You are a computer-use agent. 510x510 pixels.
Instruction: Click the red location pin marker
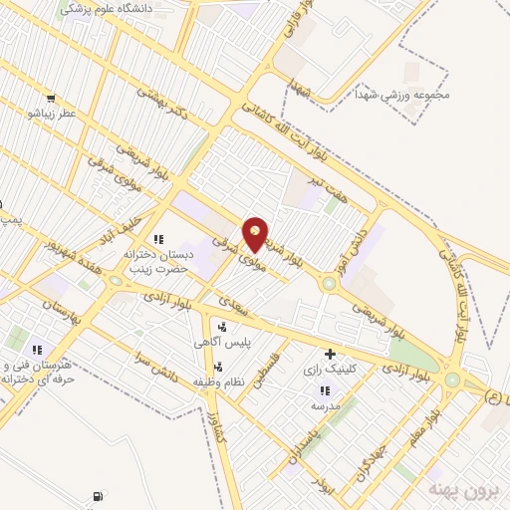[x=256, y=234]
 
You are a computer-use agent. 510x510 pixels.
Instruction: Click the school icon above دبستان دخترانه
[x=157, y=239]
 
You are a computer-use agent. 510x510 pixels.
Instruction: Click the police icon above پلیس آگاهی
[x=221, y=326]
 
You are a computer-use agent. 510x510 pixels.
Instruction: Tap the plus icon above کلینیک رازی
[x=330, y=354]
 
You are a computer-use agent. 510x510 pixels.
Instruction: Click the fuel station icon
[x=97, y=496]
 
